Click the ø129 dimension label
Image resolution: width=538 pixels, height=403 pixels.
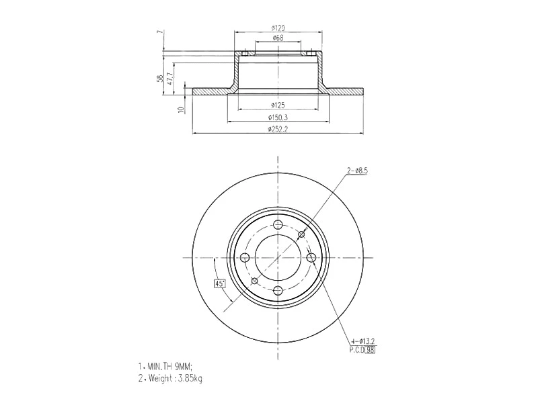(x=278, y=28)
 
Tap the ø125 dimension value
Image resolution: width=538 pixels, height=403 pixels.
(x=278, y=105)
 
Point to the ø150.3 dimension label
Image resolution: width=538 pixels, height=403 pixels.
(x=278, y=118)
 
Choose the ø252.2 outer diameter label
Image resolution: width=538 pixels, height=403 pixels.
(x=278, y=130)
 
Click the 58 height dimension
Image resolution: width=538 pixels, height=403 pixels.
(x=159, y=79)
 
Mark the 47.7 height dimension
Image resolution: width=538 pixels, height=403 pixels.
(x=169, y=79)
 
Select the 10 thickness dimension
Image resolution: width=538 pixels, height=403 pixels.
(x=180, y=109)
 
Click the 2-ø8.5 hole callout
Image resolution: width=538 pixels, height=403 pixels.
(x=357, y=171)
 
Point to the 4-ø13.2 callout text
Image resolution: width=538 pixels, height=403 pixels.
(x=364, y=342)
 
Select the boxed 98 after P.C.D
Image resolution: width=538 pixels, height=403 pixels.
(x=371, y=350)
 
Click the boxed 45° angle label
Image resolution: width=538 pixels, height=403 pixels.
(x=219, y=283)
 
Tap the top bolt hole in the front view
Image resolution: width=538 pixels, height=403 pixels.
(x=278, y=226)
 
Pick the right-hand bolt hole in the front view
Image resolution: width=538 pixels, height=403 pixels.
(x=311, y=258)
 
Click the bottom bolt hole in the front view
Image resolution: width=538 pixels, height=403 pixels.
(x=278, y=290)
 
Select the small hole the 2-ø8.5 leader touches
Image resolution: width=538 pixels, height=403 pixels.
(x=301, y=234)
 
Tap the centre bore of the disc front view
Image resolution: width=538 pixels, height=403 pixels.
(x=278, y=258)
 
